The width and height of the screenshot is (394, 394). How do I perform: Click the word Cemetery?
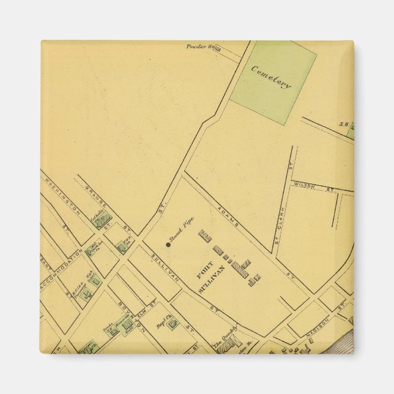[x=271, y=77]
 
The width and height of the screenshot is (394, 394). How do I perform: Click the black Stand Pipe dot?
[x=168, y=245]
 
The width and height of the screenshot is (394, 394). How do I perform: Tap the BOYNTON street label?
[x=128, y=314]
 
